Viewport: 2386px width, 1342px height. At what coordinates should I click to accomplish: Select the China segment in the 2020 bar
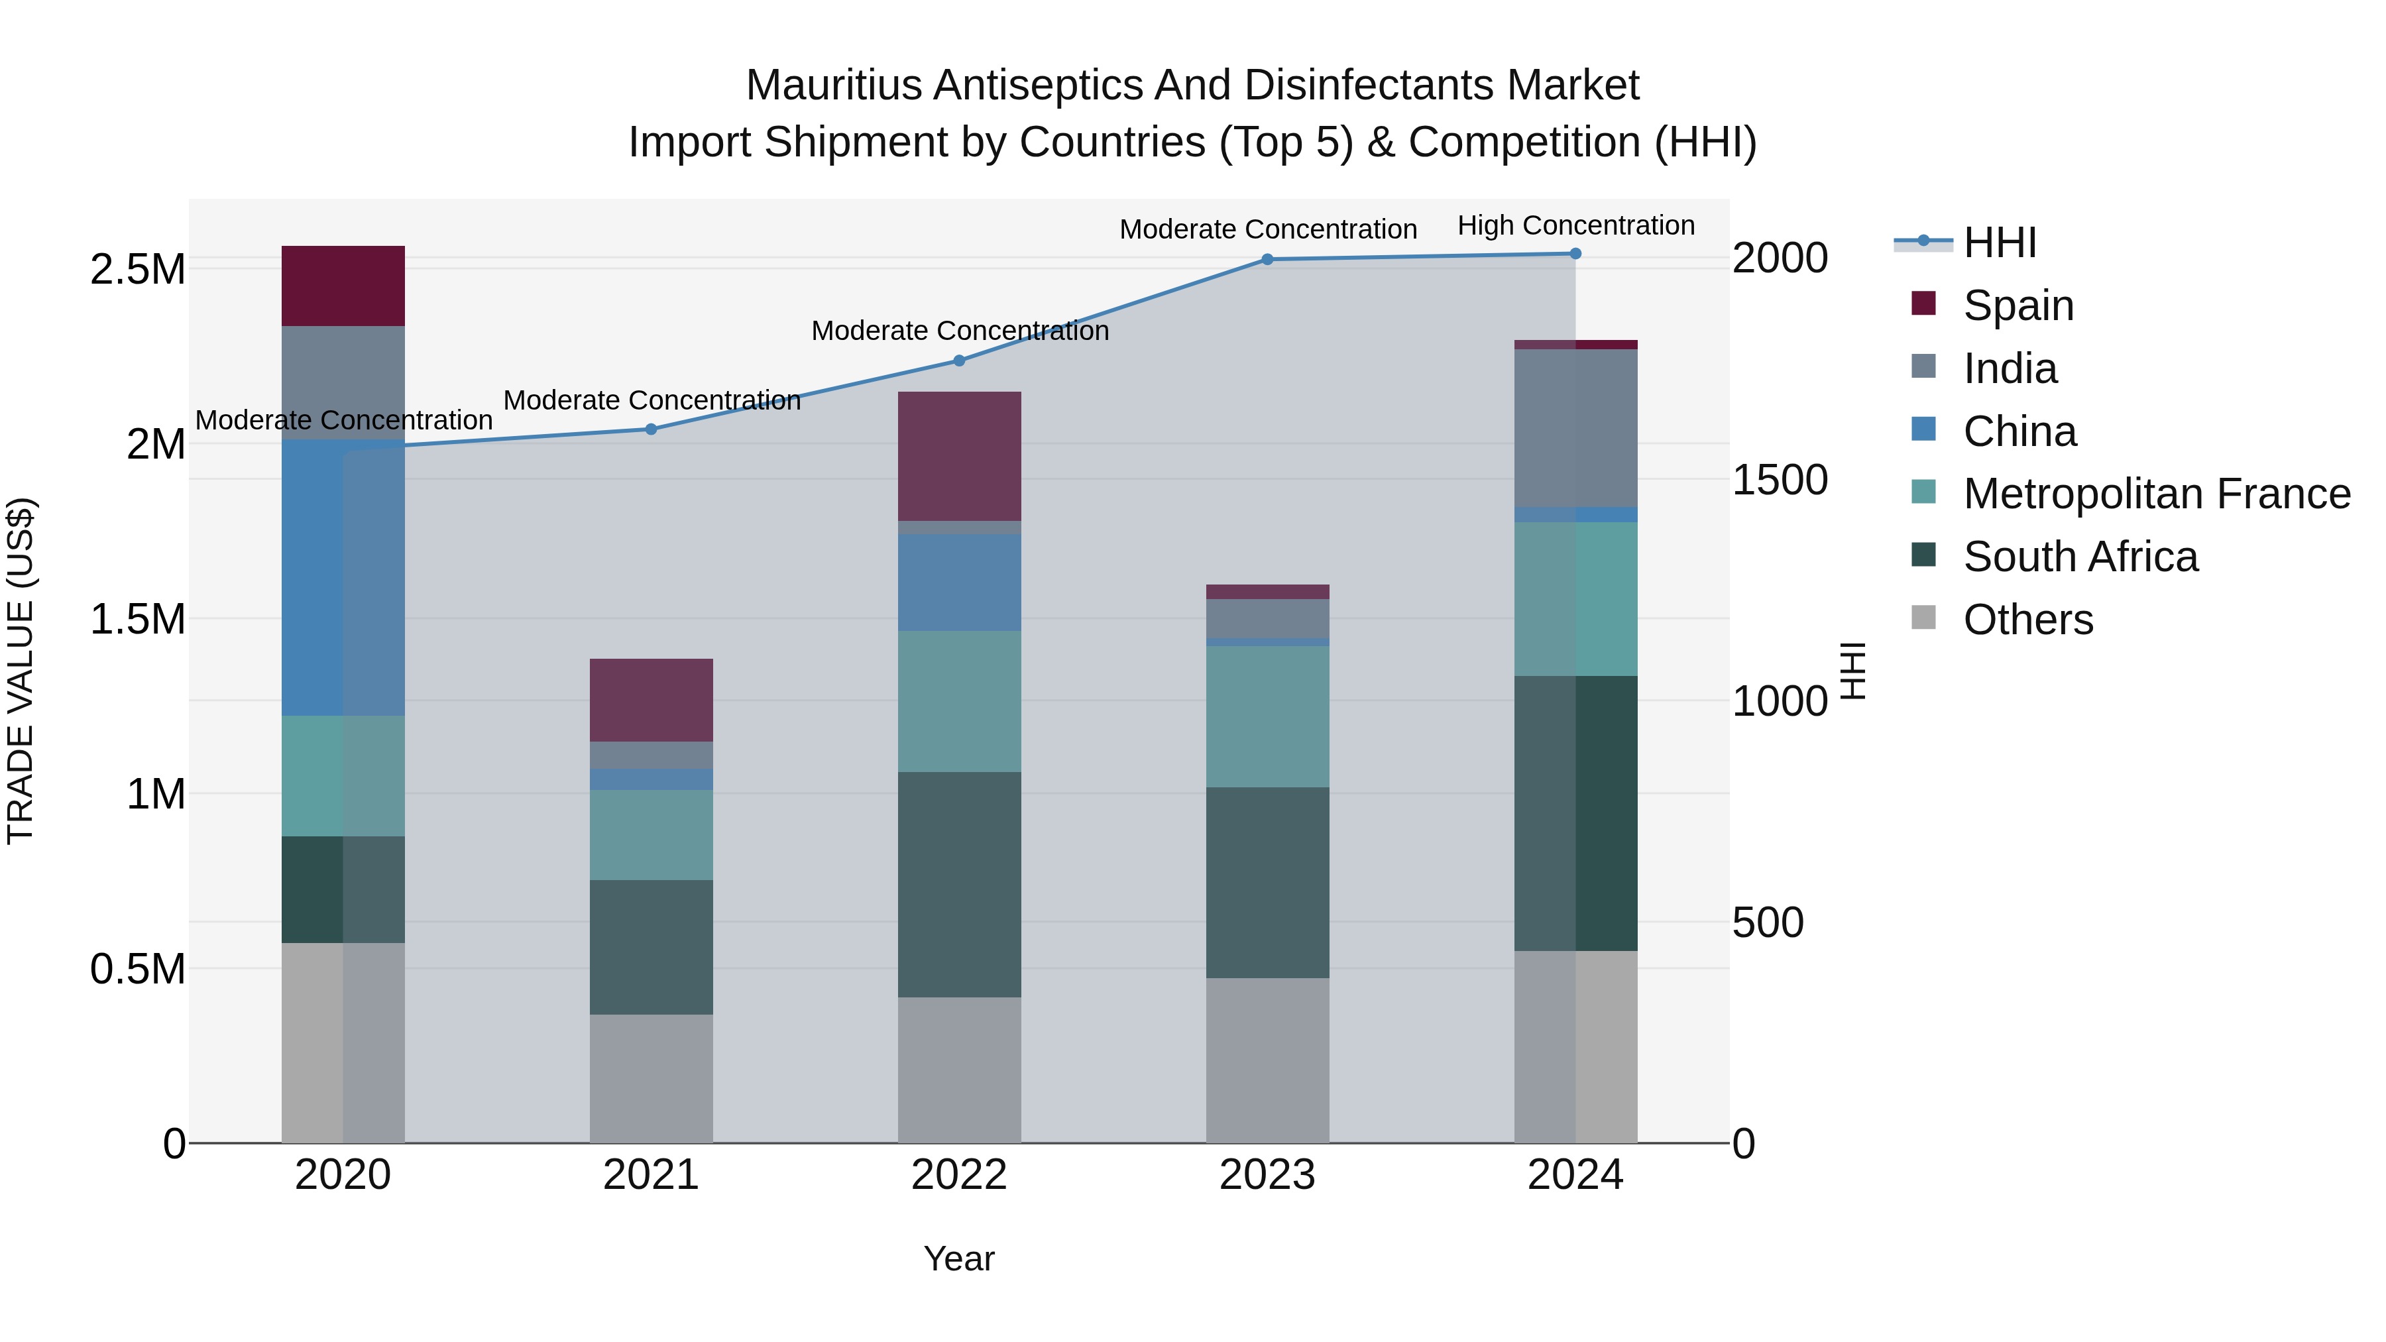tap(343, 577)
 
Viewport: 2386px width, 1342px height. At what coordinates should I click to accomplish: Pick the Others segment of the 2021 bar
tap(650, 1078)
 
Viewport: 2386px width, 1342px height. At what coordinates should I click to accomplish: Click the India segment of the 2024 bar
tap(1575, 428)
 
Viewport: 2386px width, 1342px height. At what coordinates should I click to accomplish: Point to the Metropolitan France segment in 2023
tap(1267, 716)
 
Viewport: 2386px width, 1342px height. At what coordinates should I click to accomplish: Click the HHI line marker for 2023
tap(1267, 259)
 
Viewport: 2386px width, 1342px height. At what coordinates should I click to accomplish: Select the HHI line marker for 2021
tap(650, 429)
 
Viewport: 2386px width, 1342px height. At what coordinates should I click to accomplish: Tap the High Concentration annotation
tap(1575, 225)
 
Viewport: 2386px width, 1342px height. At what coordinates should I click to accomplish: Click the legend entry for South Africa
tap(2079, 557)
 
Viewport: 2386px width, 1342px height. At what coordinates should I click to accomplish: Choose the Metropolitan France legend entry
tap(2156, 494)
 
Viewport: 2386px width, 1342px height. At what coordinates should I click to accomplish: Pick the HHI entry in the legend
tap(1999, 243)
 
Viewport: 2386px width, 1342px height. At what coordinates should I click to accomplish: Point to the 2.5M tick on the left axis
tap(137, 270)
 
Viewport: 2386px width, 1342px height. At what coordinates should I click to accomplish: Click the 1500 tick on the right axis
tap(1780, 480)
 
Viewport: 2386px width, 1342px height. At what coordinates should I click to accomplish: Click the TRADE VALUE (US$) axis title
tap(21, 671)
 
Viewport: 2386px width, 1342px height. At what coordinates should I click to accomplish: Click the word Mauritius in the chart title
tap(834, 85)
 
